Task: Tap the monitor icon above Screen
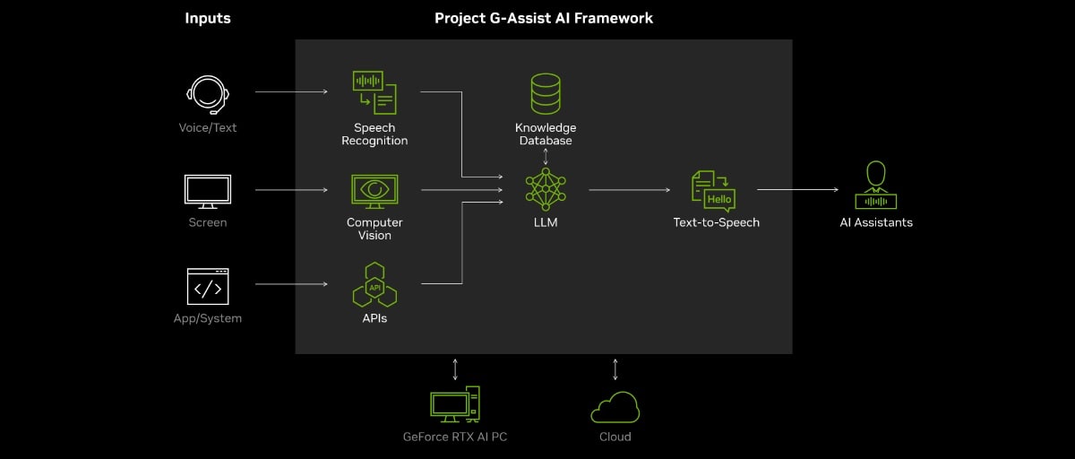208,192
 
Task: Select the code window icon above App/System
208,287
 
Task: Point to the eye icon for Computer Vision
374,191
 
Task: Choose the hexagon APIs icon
374,286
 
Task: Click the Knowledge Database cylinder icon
546,94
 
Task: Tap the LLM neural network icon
546,189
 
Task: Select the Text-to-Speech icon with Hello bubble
714,190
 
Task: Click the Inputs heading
208,18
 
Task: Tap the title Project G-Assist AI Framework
544,18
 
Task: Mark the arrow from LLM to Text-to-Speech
629,190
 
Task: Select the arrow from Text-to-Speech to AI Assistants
797,190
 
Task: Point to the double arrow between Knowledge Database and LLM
546,156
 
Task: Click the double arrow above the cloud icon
615,368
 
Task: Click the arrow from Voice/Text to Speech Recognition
291,91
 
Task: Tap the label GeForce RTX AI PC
455,437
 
